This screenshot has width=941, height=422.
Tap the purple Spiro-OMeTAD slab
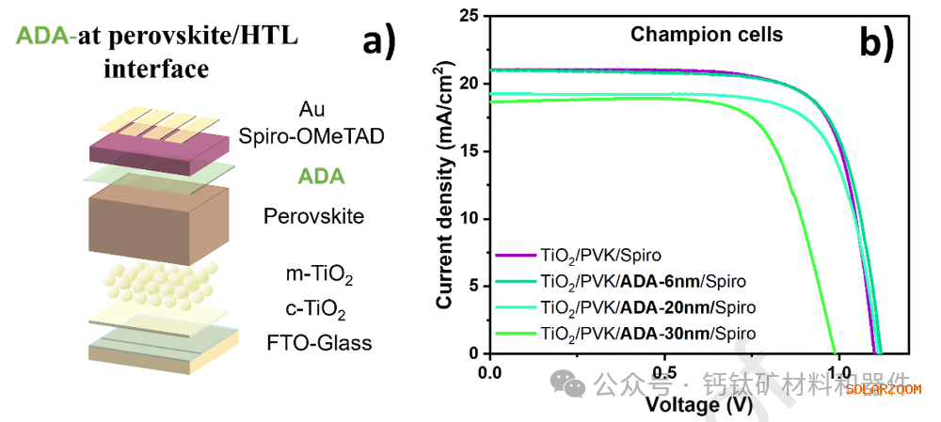[160, 148]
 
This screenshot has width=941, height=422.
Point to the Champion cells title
[707, 36]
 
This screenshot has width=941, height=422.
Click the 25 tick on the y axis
[470, 16]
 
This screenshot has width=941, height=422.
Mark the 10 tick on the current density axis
[470, 219]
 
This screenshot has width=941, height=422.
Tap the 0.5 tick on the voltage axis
[664, 371]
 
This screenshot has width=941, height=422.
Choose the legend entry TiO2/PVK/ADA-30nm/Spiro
[648, 333]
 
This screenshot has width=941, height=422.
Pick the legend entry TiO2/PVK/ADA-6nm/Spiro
[645, 281]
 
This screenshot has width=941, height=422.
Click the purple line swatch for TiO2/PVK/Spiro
[514, 256]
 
